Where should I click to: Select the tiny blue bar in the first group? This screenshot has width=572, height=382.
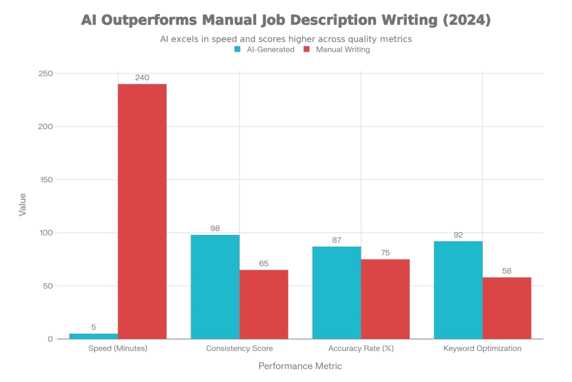93,336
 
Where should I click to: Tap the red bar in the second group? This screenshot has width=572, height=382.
264,304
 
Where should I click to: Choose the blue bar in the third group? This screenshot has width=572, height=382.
336,293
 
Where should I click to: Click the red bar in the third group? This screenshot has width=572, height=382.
385,298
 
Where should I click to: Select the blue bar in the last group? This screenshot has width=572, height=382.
458,290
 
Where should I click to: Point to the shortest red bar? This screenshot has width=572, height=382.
507,308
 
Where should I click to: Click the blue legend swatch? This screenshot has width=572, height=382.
237,49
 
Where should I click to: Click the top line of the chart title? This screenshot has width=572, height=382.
285,21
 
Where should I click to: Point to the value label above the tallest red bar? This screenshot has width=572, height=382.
143,78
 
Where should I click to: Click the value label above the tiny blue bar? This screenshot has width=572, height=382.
93,326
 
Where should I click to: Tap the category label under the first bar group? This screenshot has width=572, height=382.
116,349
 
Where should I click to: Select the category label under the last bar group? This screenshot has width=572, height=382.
482,349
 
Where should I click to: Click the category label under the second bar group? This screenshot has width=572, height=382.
240,349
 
